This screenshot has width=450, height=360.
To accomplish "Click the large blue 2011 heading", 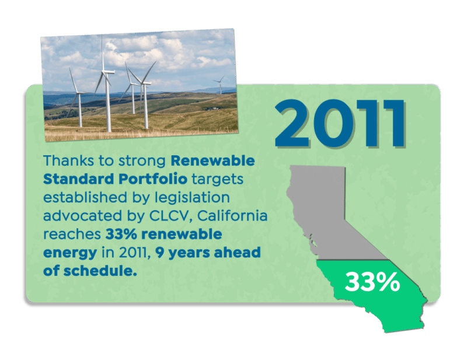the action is tap(340, 123).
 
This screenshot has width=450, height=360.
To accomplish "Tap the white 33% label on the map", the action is tap(372, 282).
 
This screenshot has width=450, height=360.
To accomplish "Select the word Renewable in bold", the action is tap(212, 160).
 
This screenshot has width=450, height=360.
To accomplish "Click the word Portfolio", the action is tap(153, 179).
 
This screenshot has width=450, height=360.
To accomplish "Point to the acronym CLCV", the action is tap(171, 216).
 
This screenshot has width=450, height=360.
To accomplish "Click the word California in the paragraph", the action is tap(232, 215).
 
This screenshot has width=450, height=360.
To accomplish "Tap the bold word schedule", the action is tap(100, 271).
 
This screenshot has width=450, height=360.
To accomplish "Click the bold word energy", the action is tap(70, 253).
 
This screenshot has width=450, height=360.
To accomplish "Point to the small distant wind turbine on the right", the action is tap(220, 85).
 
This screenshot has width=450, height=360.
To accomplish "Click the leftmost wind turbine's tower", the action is tap(80, 110).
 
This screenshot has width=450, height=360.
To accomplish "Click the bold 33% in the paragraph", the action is tap(121, 234).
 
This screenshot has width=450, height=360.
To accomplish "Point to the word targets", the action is tap(218, 180).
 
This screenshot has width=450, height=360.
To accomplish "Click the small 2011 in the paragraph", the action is tap(133, 253).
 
